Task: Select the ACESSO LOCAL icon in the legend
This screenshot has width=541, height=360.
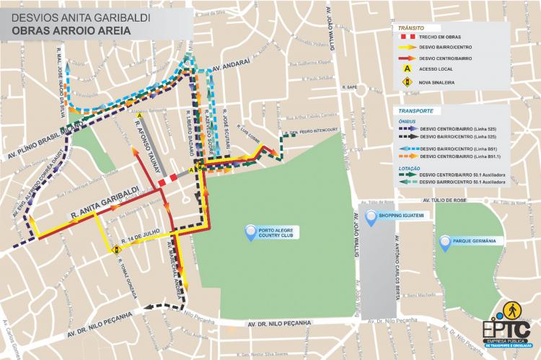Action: (x=407, y=69)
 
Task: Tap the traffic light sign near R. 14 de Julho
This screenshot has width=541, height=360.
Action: (x=115, y=250)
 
